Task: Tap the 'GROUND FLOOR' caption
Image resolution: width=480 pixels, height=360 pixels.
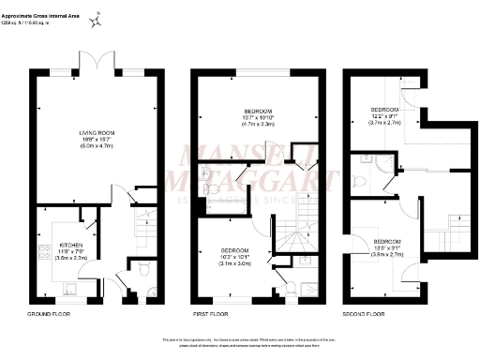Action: pos(50,314)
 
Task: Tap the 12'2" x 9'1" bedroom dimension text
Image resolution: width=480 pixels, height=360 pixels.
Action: pos(384,117)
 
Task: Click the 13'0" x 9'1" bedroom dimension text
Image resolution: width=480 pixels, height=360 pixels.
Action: pos(388,248)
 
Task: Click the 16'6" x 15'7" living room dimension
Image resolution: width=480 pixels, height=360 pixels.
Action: pos(94,141)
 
